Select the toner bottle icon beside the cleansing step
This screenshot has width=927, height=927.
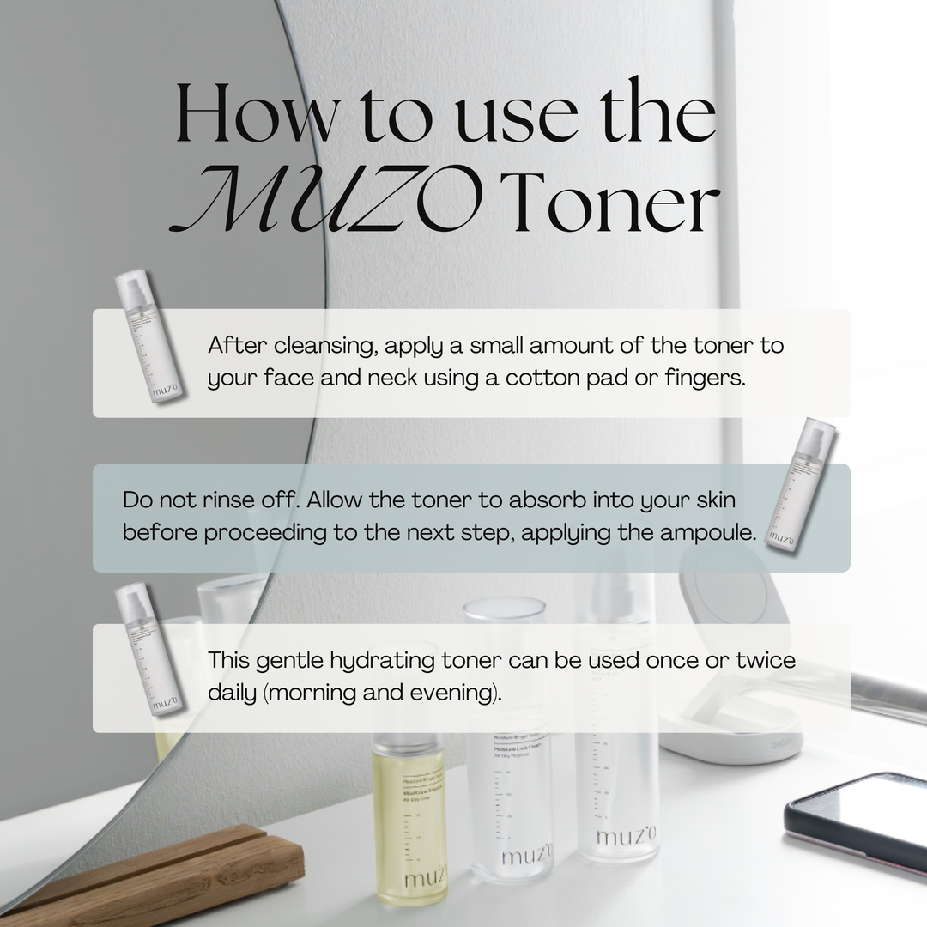[x=148, y=337]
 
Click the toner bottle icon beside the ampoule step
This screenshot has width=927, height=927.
[x=799, y=486]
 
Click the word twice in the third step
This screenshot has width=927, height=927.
[x=764, y=661]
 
